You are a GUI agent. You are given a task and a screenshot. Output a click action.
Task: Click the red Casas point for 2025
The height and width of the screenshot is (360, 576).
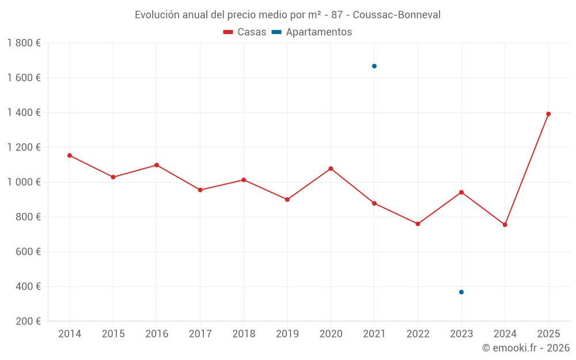coord(548,114)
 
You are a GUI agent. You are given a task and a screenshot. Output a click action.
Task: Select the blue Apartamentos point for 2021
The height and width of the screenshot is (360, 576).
coord(374,66)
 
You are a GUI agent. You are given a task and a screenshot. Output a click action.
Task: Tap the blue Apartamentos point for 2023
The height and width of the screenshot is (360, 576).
coord(461,292)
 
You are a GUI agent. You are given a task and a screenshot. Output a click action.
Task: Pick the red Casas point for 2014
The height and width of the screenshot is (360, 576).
coord(70,156)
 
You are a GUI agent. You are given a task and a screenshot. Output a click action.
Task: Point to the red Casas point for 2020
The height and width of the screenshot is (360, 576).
coord(331,169)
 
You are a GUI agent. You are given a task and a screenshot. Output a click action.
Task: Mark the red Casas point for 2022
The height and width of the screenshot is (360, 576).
coord(418,224)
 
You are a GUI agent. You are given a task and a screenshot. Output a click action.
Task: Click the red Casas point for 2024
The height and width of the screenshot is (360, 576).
coord(505,225)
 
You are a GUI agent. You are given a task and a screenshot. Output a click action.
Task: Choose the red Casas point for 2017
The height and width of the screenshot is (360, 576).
coord(200,190)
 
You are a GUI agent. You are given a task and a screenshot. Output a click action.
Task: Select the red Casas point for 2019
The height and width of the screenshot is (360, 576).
coord(287,199)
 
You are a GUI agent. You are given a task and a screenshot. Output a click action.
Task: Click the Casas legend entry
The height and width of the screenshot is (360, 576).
coord(245,32)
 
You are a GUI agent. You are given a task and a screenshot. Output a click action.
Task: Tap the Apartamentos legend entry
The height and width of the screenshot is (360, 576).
coord(312,32)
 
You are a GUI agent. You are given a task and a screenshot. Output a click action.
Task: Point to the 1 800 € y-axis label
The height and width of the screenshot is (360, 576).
coord(24,43)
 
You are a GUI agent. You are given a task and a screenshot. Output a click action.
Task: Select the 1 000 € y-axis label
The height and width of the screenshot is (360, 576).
coord(24,182)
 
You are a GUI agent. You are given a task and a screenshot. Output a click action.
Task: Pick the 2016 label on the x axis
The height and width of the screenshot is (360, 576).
coord(157,334)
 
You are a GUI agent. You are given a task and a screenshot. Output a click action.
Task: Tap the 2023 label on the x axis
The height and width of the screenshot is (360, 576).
coord(461,334)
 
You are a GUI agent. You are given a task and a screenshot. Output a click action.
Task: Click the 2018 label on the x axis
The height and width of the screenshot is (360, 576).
coord(244,334)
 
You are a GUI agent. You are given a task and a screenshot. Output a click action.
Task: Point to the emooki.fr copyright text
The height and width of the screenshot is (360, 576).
coord(525,348)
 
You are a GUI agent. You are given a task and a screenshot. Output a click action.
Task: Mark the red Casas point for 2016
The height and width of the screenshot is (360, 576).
coord(157,165)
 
